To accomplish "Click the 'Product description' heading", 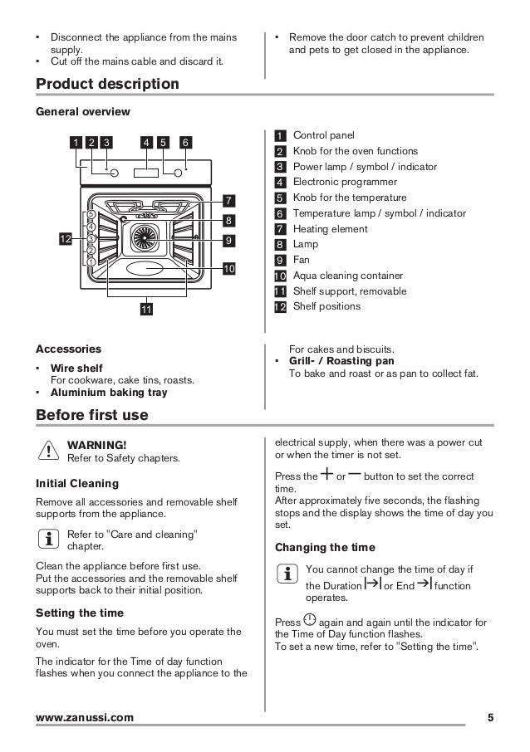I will (107, 84).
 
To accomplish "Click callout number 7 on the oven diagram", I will (229, 200).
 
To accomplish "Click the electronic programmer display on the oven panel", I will (146, 173).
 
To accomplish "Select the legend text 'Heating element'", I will (330, 229).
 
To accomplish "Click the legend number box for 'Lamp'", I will (280, 245).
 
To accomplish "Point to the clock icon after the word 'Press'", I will (310, 619).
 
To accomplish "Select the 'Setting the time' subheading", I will (80, 613).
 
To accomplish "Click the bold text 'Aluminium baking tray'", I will (109, 393).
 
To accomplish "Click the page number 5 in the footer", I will (490, 716).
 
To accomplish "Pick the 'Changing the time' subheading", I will (325, 547).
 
